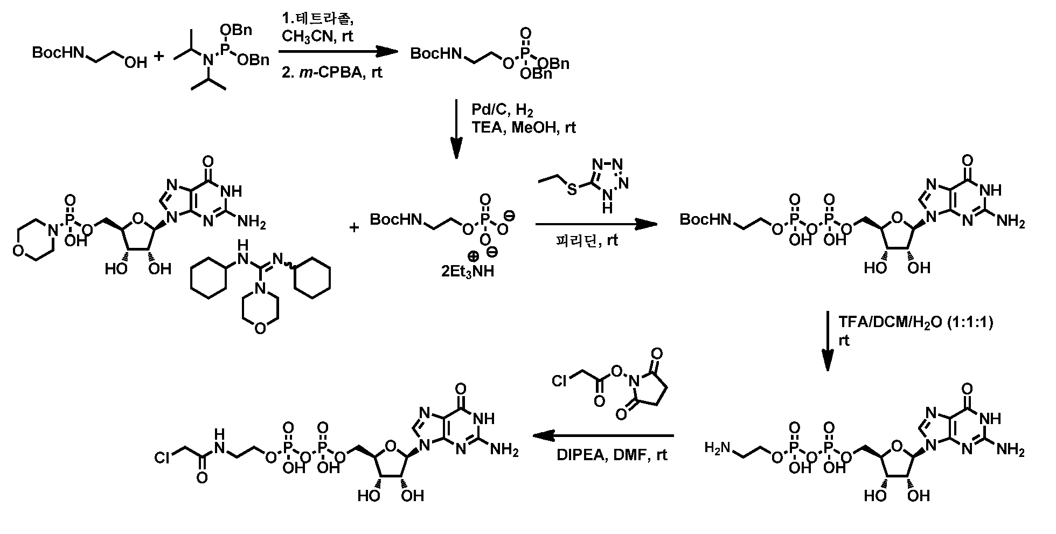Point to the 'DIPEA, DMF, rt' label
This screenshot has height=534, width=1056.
(x=612, y=456)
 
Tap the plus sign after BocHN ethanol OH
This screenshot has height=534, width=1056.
(x=159, y=56)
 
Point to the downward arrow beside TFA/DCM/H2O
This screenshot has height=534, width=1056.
(x=828, y=341)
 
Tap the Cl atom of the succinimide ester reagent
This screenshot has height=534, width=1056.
(x=560, y=381)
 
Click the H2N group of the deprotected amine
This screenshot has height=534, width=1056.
(x=718, y=447)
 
